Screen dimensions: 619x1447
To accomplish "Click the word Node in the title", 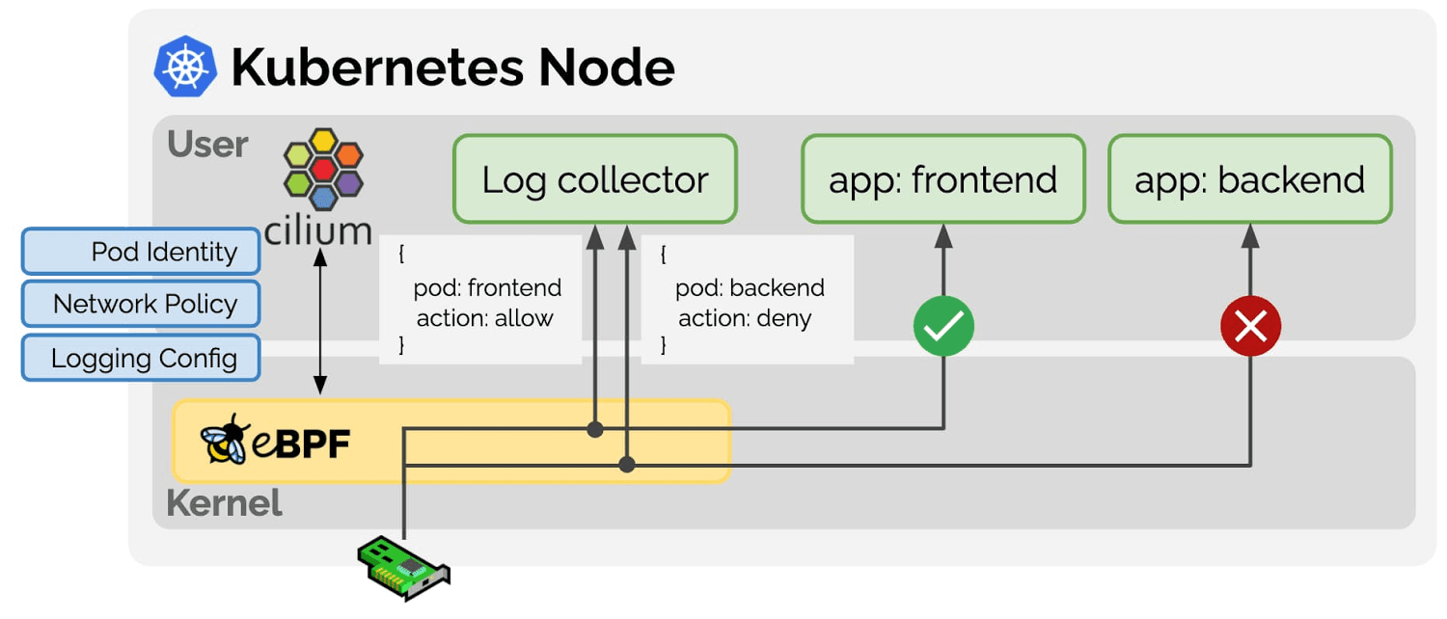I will pos(606,67).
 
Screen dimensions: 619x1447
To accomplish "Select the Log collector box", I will pos(595,179).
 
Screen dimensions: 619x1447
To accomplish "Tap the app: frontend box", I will pos(942,179).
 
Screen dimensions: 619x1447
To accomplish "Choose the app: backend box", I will pos(1249,179).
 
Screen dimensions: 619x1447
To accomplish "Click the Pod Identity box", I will pos(141,252).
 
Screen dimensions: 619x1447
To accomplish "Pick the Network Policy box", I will pos(141,305).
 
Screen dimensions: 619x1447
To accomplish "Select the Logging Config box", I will pos(141,359).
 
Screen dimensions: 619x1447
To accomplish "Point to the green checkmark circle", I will pos(943,327).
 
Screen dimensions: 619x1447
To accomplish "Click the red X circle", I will pos(1250,327).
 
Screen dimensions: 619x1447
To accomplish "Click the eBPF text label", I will pos(301,444).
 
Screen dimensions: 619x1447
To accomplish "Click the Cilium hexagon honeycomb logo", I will pos(322,170).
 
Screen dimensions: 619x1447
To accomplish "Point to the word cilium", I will pos(317,231).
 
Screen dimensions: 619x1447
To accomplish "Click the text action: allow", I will pos(484,318).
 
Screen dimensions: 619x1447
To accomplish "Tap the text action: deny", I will pos(745,318).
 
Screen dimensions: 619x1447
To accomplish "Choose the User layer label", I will pos(207,145).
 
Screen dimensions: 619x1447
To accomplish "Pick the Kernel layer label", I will pos(224,503).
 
